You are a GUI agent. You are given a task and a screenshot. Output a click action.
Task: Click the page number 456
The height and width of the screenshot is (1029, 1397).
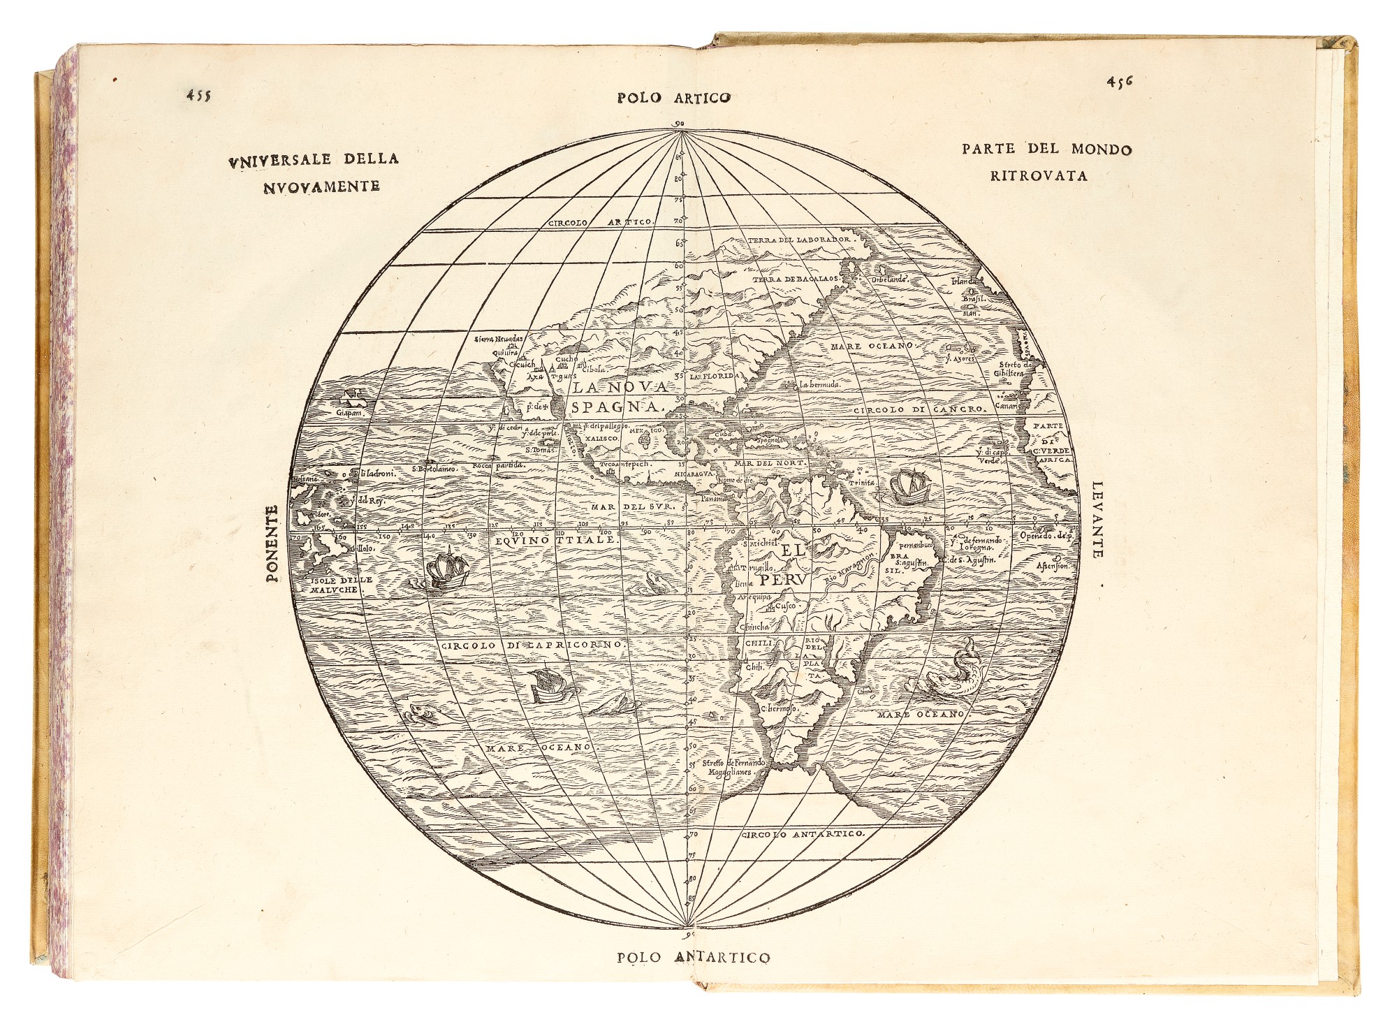point(1119,80)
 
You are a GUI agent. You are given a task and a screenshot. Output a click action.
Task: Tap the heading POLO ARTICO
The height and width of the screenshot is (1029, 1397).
point(673,98)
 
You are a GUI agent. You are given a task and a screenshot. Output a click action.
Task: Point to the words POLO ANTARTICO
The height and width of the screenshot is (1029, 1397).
point(694,956)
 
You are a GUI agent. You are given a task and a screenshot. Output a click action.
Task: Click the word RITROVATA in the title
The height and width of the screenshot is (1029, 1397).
point(1039,176)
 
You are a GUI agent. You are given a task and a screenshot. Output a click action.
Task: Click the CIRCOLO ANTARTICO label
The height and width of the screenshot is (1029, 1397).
point(803,834)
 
